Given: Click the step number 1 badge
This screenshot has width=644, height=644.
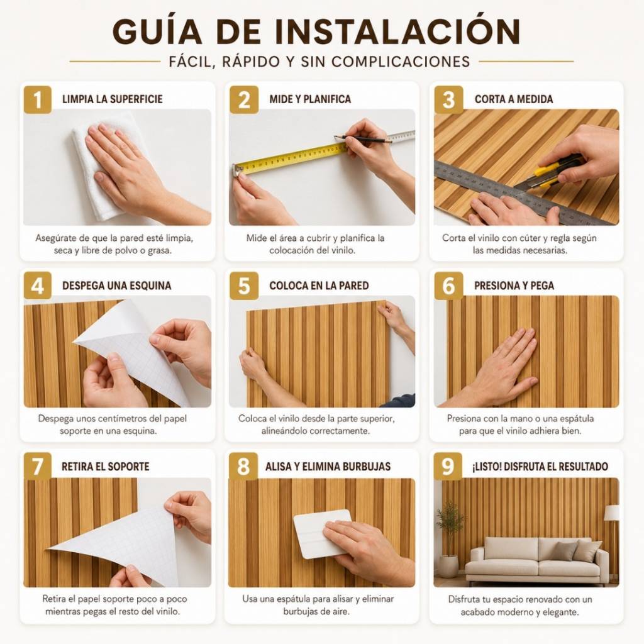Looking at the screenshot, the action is (x=37, y=99).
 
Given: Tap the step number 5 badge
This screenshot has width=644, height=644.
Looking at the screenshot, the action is (x=244, y=286).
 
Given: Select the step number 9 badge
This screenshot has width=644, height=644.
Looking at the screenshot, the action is (x=448, y=466).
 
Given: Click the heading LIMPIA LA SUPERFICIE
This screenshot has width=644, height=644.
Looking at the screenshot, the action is (x=112, y=99).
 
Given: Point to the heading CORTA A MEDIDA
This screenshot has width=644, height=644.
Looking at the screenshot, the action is (x=513, y=99).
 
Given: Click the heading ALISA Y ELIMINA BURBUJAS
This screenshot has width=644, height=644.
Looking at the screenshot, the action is (x=328, y=467).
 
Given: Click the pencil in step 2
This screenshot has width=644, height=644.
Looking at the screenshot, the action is (x=362, y=138).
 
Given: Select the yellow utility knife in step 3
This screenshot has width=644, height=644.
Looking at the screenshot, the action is (x=550, y=172).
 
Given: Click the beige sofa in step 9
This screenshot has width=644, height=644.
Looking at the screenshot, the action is (x=536, y=560).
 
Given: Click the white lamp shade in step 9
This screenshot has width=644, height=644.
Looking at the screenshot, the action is (x=611, y=512).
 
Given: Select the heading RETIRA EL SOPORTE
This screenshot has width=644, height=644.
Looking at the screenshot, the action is (x=105, y=467).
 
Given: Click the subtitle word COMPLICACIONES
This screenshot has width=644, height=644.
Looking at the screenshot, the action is (x=401, y=62).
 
